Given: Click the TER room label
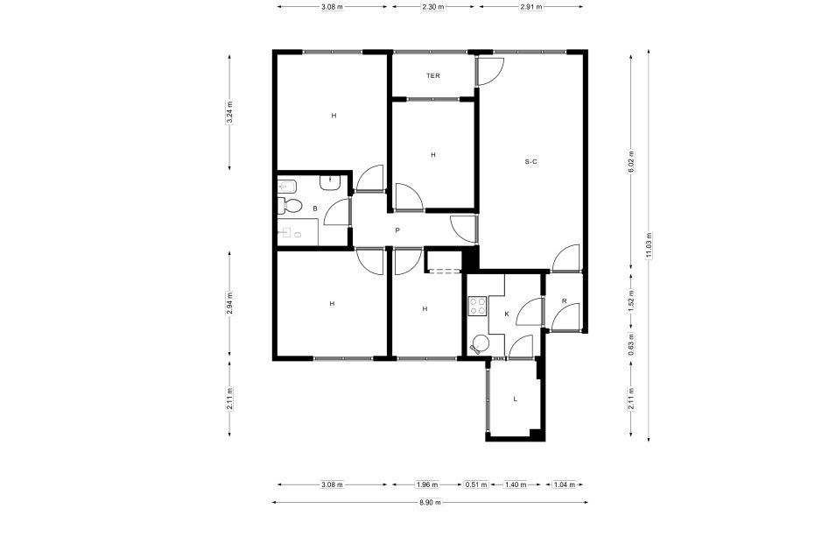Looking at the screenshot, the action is [x=433, y=75].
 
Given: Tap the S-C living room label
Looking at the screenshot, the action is [x=530, y=162].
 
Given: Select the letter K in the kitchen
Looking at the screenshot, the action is [x=507, y=314].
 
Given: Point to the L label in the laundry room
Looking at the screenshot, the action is [x=516, y=399].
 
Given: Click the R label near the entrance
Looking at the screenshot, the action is [x=564, y=301].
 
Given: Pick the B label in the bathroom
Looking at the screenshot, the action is [x=315, y=209].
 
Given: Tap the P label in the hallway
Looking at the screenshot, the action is [x=397, y=230].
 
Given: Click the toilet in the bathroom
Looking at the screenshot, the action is [x=289, y=205].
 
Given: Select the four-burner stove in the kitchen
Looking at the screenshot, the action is [x=477, y=307].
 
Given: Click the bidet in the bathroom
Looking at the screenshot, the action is [x=286, y=186].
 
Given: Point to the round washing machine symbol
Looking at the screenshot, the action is [x=481, y=344].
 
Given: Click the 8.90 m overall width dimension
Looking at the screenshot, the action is [x=431, y=503].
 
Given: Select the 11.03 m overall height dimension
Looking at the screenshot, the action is [x=649, y=246].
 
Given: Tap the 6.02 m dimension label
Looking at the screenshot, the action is [x=631, y=162].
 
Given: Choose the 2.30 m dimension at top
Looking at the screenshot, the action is [x=433, y=7].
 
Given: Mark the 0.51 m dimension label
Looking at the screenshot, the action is [x=476, y=484].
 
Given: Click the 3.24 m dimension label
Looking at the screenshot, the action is [x=229, y=112].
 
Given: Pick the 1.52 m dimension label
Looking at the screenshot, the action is [x=631, y=300].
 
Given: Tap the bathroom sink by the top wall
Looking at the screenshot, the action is [x=330, y=183].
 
